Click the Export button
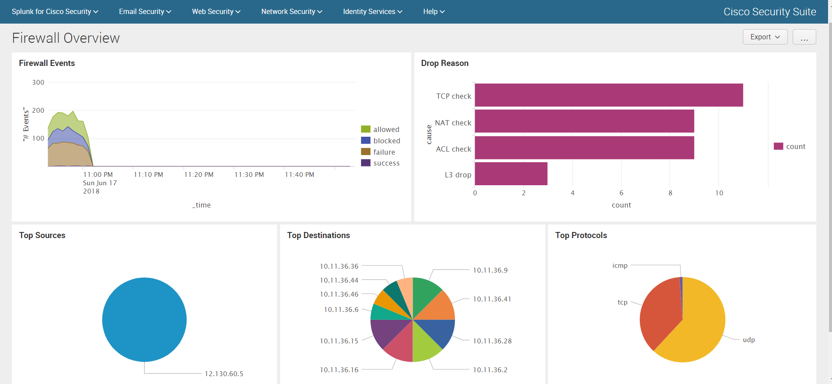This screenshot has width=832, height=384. [x=765, y=37]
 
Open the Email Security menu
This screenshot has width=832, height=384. [x=145, y=12]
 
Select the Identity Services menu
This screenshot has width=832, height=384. [x=372, y=12]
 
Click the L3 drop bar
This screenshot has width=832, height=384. [x=511, y=174]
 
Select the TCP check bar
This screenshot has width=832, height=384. [x=609, y=95]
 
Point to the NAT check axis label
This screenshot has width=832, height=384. [x=453, y=123]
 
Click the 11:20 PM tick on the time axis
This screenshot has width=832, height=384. [x=199, y=175]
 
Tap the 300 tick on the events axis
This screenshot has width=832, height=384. [x=38, y=83]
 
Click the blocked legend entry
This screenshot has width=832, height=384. [x=386, y=141]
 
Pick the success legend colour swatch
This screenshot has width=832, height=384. [x=366, y=163]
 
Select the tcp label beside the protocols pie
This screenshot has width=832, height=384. [x=622, y=302]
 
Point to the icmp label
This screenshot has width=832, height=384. [x=620, y=266]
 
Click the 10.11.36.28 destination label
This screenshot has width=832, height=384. [x=492, y=341]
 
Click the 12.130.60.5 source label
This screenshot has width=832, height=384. [x=224, y=374]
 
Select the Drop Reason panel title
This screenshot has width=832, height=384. [x=444, y=63]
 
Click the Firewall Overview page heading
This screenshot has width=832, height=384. [x=66, y=38]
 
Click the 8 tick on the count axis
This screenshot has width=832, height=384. [x=670, y=193]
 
